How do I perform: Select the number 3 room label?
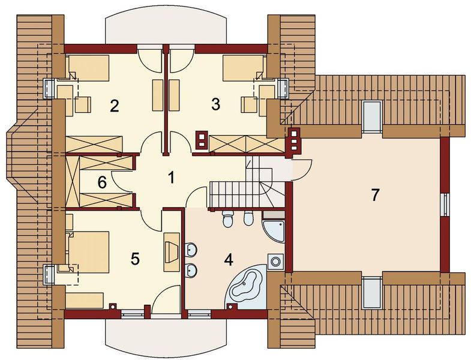point(215,103)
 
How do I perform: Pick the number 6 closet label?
point(102,182)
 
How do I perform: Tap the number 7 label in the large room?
point(375,195)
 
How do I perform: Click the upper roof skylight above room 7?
point(372,114)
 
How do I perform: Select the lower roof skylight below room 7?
point(372,291)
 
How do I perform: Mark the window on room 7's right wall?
point(445,204)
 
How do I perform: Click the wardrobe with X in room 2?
point(94,144)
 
